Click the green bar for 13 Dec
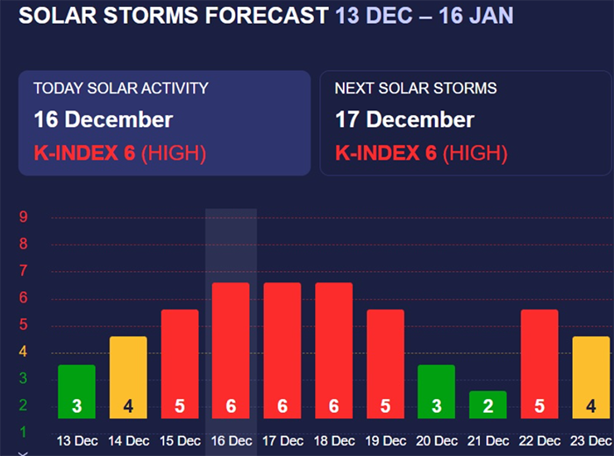pyautogui.click(x=76, y=391)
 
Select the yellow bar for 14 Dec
pyautogui.click(x=128, y=377)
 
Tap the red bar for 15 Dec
pyautogui.click(x=180, y=364)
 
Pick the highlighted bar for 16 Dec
pyautogui.click(x=231, y=350)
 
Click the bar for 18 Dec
pyautogui.click(x=333, y=350)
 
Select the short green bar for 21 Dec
pyautogui.click(x=488, y=404)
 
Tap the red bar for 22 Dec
pyautogui.click(x=539, y=364)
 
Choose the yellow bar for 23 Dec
pyautogui.click(x=590, y=377)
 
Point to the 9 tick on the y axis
pyautogui.click(x=25, y=217)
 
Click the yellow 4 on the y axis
pyautogui.click(x=25, y=353)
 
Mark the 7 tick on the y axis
pyautogui.click(x=25, y=271)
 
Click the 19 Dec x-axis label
pyautogui.click(x=385, y=440)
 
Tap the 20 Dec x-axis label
pyautogui.click(x=436, y=440)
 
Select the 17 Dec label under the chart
pyautogui.click(x=282, y=440)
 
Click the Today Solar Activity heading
pyautogui.click(x=121, y=89)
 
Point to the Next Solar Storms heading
pyautogui.click(x=416, y=89)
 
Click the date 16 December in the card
pyautogui.click(x=104, y=119)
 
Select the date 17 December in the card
pyautogui.click(x=404, y=119)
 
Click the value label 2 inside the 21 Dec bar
pyautogui.click(x=488, y=407)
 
